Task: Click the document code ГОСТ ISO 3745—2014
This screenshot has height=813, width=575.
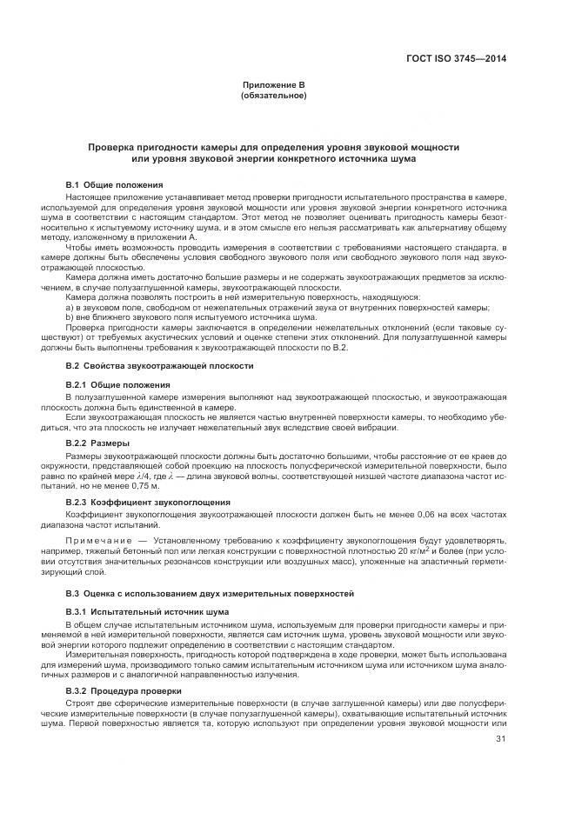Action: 456,59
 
